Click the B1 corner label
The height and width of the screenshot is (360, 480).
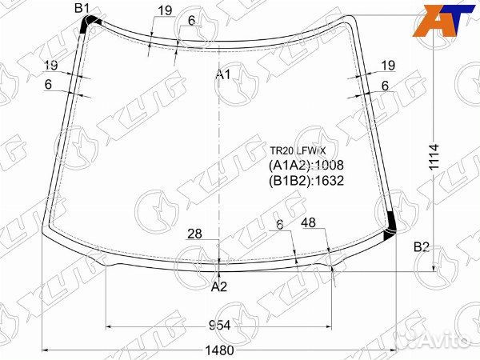82,9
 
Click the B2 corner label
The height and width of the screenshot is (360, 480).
422,247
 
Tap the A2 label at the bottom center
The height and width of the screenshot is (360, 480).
219,286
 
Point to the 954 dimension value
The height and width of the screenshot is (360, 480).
219,326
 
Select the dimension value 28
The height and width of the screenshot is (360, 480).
194,234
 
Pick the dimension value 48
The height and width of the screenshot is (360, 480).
308,226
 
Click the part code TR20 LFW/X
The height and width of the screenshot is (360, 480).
298,150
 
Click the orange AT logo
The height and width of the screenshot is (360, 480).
439,19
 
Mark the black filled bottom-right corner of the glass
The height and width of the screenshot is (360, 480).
390,227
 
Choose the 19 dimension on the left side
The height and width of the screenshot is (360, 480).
51,66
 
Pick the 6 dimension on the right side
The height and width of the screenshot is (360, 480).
385,86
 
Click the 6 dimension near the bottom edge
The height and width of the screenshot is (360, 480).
280,226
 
